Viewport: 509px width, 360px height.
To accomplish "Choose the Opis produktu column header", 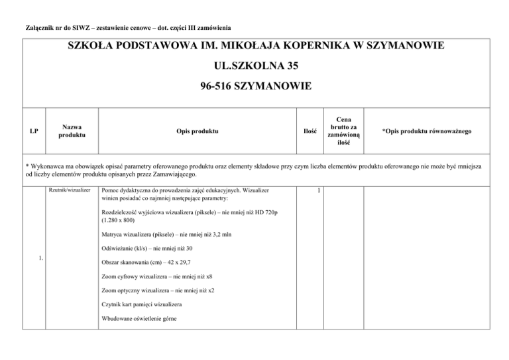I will [x=193, y=131].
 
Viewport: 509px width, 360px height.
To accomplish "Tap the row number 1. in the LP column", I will [x=41, y=258].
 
